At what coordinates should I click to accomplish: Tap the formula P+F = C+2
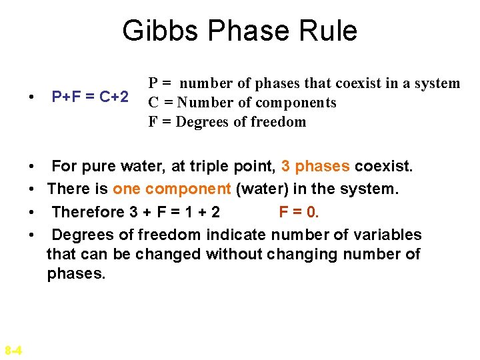point(90,97)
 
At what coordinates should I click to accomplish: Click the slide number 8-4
point(13,350)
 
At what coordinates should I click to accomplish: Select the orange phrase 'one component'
point(172,189)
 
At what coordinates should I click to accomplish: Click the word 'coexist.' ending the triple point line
point(384,166)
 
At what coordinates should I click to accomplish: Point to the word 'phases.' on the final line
point(76,274)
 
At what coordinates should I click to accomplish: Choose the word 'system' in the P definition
point(437,83)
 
